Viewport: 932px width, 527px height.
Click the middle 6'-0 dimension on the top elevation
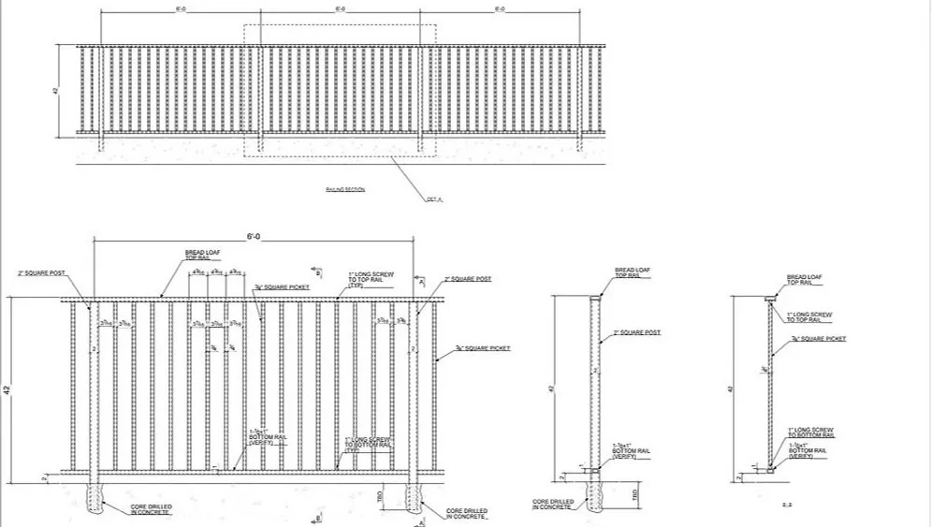[340, 8]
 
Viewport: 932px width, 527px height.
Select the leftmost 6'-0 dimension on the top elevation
[181, 8]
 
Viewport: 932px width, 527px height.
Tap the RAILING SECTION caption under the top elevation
[345, 189]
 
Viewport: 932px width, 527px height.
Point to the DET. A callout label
[433, 199]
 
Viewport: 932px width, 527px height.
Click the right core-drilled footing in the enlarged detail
[414, 497]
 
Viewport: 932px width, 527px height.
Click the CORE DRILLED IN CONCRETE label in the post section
[553, 505]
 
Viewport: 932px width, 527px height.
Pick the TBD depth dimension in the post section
[635, 492]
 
